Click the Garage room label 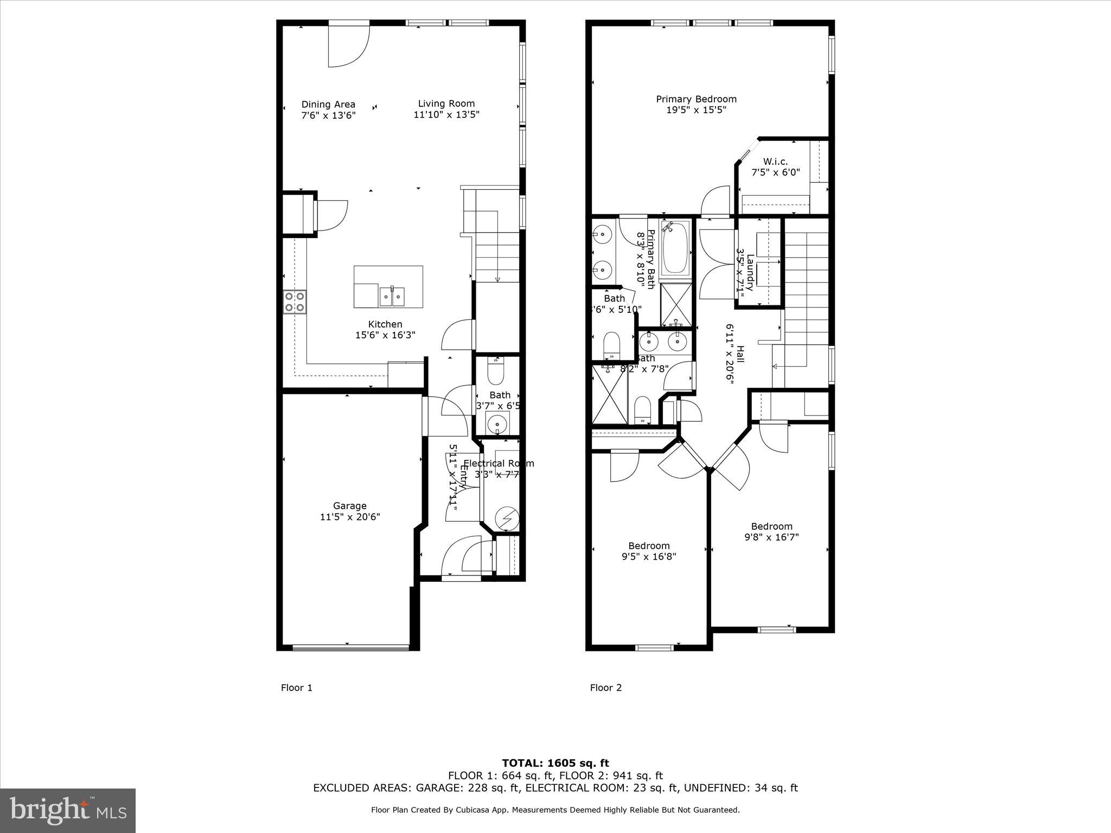click(x=349, y=506)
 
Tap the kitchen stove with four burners click(x=295, y=302)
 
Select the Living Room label click(x=446, y=104)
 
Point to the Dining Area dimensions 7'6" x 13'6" click(x=328, y=115)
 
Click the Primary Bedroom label click(x=696, y=99)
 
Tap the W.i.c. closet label click(x=775, y=162)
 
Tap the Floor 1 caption click(x=296, y=688)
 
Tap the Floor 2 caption click(x=605, y=688)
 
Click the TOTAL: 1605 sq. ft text click(x=555, y=763)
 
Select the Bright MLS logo click(x=68, y=810)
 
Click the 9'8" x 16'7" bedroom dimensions click(x=771, y=537)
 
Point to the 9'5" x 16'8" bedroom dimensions click(x=649, y=556)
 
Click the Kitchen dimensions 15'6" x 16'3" click(x=385, y=335)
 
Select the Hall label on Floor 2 click(x=740, y=355)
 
